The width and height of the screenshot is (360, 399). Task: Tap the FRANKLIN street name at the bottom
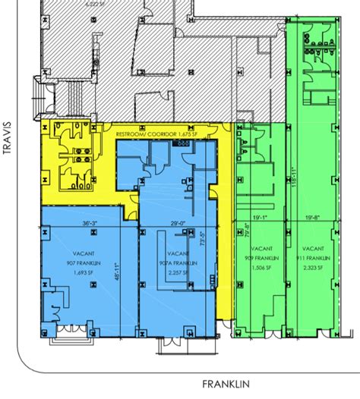[x=226, y=384]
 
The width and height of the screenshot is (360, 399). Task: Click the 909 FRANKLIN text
[x=261, y=257]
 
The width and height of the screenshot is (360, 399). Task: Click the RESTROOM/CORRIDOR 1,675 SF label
[x=156, y=134]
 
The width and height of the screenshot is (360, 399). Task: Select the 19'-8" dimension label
[x=311, y=218]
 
